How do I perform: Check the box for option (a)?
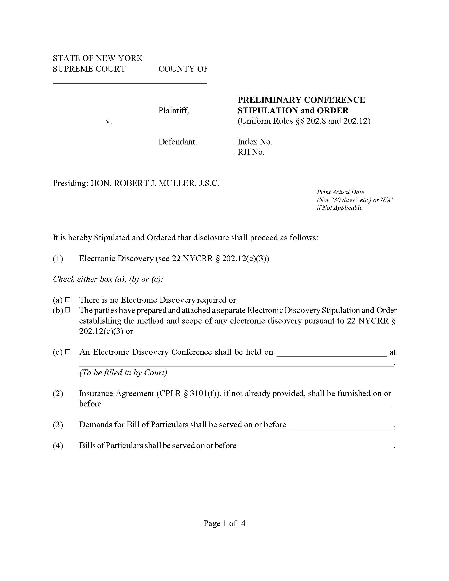pos(68,300)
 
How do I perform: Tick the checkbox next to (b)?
pos(68,310)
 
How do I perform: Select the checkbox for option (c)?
pos(68,352)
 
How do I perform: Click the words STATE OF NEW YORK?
pos(98,58)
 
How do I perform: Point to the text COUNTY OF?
pos(183,69)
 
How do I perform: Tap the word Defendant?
pos(177,142)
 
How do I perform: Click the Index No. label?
pos(255,142)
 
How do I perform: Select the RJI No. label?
pos(251,152)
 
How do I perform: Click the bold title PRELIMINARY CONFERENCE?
pos(301,100)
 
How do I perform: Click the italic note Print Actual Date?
pos(340,192)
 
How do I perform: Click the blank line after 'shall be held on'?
pos(332,353)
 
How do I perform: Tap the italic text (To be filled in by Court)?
pos(123,373)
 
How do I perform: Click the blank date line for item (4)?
pos(315,446)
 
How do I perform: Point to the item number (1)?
pos(58,259)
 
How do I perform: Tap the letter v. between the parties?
pos(109,121)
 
